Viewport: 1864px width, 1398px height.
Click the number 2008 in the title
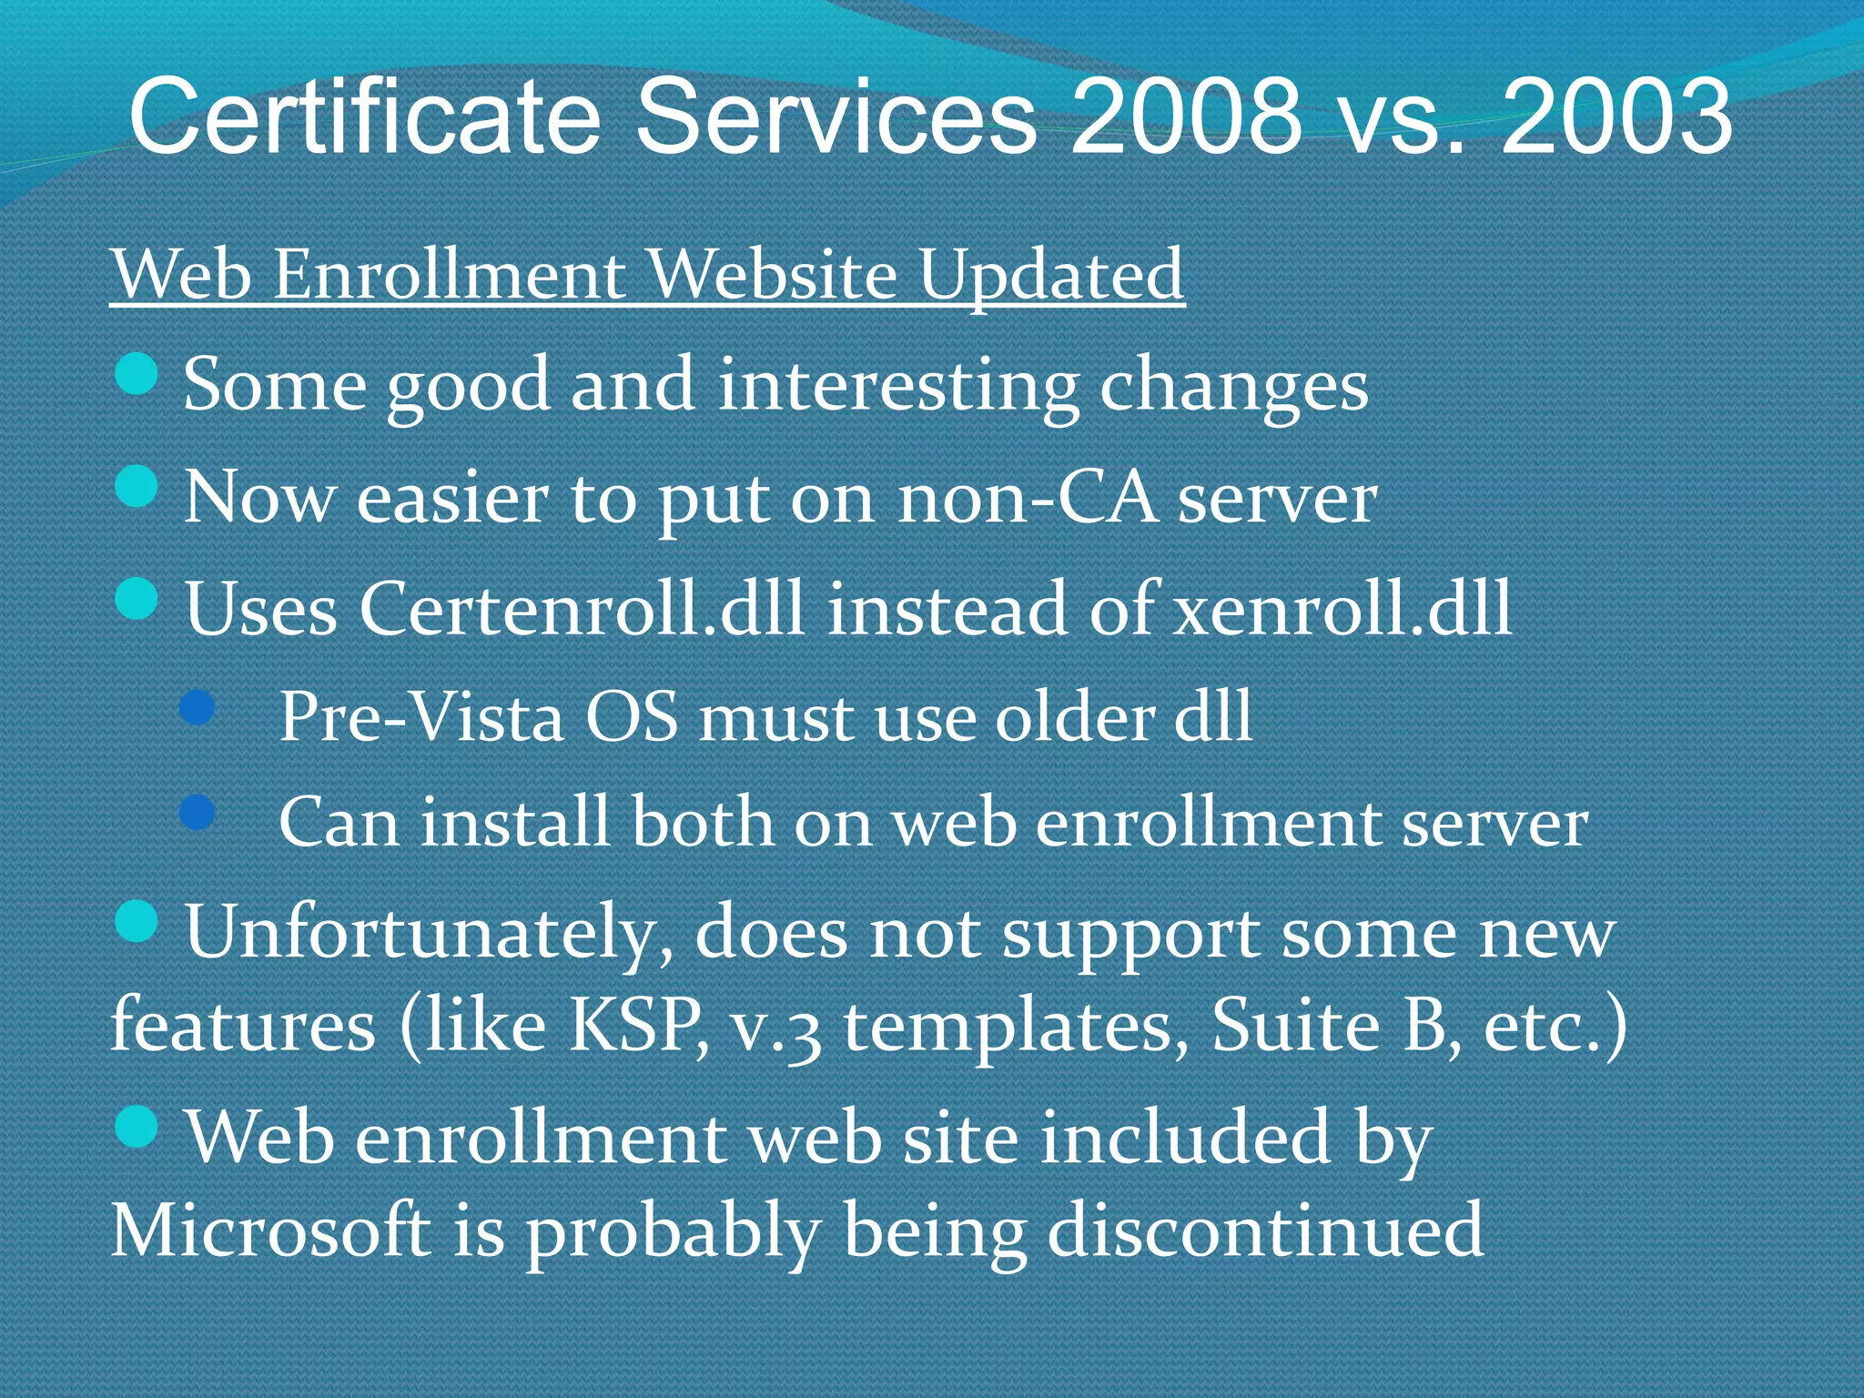click(x=1186, y=116)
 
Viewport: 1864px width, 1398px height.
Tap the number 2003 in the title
click(x=1616, y=116)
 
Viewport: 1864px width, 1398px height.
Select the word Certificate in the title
click(x=364, y=116)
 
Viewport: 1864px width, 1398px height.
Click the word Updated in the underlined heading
click(x=1050, y=275)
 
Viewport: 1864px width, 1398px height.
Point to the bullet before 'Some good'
click(x=137, y=374)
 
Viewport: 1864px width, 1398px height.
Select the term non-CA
click(x=1027, y=498)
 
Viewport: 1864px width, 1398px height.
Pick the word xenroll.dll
click(x=1342, y=608)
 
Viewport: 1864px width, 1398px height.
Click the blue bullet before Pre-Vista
click(x=198, y=706)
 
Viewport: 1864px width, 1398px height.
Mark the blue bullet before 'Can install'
click(x=198, y=811)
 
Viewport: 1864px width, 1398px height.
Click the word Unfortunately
click(x=429, y=933)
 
